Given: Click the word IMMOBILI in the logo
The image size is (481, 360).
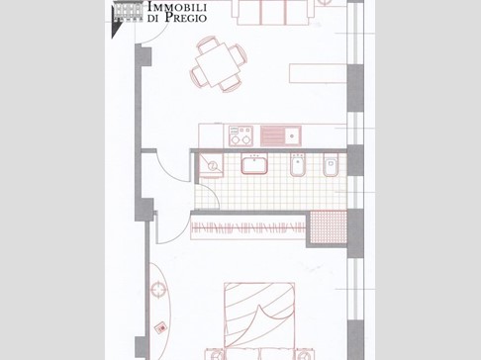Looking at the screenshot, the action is point(177,7).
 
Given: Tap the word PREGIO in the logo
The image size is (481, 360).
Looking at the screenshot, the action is point(186,17).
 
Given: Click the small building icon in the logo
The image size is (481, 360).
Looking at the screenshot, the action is point(128,12).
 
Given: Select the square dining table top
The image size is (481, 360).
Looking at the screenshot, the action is point(217,65).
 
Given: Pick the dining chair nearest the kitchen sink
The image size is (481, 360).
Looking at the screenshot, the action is point(230,84).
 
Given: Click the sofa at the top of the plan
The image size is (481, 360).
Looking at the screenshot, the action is point(273,13).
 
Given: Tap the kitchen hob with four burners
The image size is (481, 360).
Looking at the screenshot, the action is point(240,135).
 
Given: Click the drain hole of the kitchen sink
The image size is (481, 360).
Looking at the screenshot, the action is point(292,135).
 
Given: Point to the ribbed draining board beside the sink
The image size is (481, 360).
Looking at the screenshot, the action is point(272,135).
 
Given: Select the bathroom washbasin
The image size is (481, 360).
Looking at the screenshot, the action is point(254,164).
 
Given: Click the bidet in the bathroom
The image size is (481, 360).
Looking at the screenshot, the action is point(298,165).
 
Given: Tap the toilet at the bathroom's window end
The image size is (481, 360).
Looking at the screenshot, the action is point(331,165).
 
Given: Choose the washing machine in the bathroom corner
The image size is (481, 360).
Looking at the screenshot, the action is point(211,165).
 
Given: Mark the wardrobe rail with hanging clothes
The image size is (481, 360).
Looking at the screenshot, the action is point(248,227).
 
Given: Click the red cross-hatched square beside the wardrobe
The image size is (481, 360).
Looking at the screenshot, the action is point(329,227).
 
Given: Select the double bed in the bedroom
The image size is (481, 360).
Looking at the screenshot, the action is point(259,316).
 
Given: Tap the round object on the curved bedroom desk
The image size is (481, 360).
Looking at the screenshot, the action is point(159,290).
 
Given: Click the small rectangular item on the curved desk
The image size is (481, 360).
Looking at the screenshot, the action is point(161,327).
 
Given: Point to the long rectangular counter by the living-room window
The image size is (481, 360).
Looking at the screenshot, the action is point(318,73).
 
